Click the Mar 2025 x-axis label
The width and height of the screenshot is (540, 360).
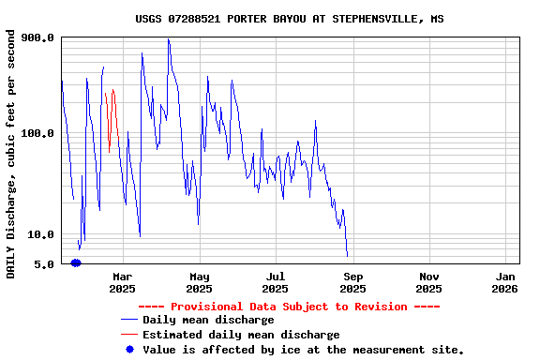coord(123,282)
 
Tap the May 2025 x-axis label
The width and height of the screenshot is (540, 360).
coord(200,282)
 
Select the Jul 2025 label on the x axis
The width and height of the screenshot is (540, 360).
coord(276,282)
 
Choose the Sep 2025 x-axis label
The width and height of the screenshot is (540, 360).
coord(352,282)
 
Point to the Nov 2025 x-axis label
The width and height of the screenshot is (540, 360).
coord(429,282)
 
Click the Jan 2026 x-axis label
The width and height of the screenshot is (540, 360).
coord(505,282)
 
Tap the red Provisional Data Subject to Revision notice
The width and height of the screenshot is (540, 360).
coord(289,307)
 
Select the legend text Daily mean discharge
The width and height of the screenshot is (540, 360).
coord(208,321)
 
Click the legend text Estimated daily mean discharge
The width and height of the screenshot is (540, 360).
coord(241,335)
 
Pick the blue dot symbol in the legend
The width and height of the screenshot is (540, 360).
coord(130,349)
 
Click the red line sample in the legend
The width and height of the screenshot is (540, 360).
coord(129,335)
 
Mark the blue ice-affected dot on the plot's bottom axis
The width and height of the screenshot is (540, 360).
coord(76,262)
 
